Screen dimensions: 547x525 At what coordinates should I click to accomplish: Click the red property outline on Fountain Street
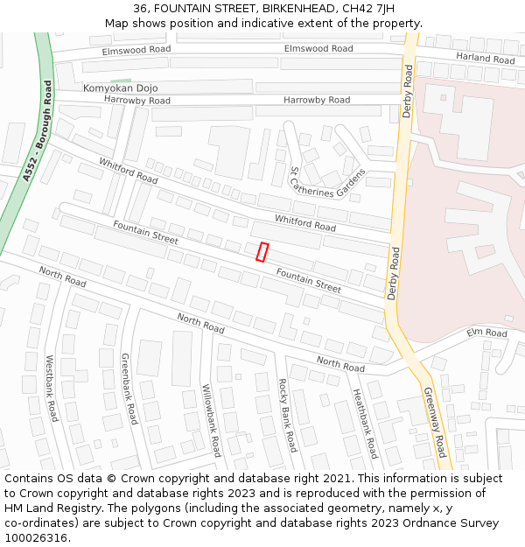click(x=262, y=251)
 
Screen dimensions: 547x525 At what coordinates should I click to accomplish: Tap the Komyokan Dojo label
click(x=120, y=88)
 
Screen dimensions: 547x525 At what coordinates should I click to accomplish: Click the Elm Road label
click(x=486, y=333)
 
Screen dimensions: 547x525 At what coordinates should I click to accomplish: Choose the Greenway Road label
click(x=435, y=422)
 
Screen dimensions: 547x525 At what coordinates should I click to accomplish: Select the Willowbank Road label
click(x=211, y=420)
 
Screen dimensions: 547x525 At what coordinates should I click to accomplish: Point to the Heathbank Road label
click(x=363, y=424)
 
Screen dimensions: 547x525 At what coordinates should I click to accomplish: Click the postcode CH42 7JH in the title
click(x=362, y=9)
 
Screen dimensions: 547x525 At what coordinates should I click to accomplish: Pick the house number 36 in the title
click(x=143, y=9)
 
